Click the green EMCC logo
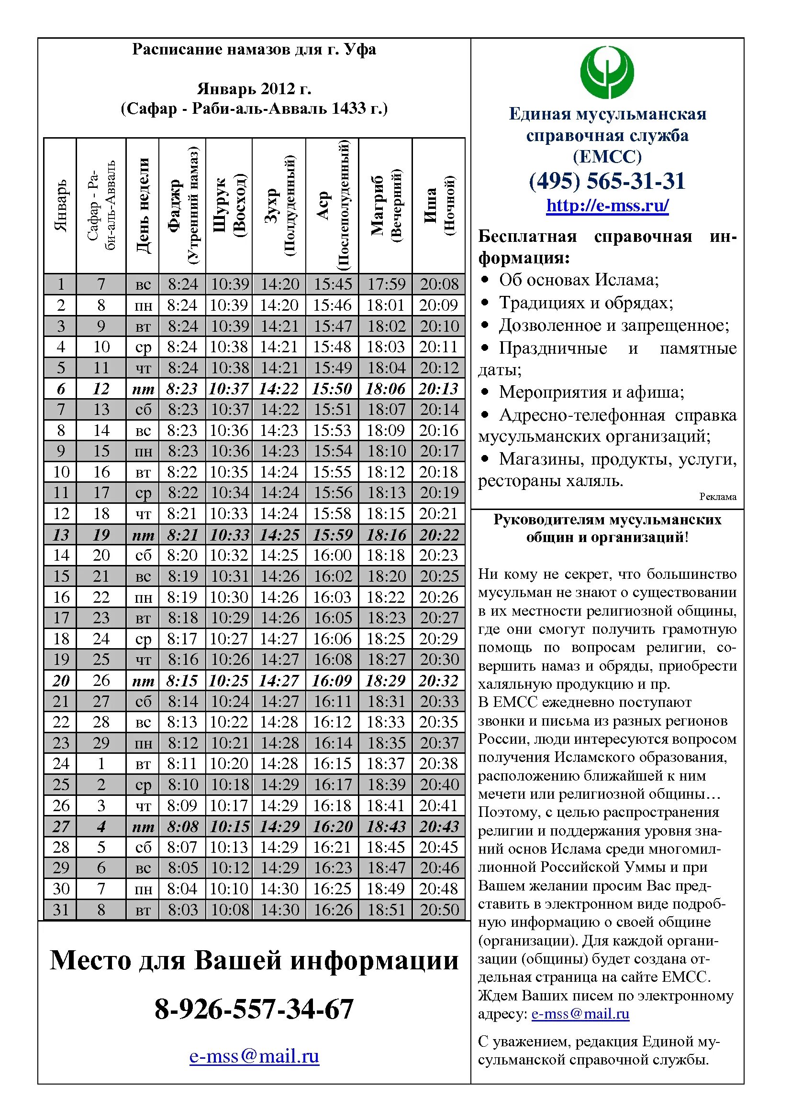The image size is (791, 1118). point(607,72)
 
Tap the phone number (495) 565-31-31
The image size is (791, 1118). point(607,181)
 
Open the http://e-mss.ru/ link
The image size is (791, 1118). point(607,206)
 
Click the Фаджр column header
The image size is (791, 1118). point(182,206)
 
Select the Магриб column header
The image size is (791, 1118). point(385,206)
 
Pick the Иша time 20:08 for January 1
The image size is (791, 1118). point(439,284)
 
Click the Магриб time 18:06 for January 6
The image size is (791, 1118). point(385,389)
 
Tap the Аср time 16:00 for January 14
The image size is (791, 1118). point(332,555)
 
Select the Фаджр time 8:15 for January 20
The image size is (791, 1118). point(182,681)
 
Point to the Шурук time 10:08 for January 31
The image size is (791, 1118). point(230,910)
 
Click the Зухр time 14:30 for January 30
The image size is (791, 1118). point(279,889)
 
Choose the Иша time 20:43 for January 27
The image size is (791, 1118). point(439,826)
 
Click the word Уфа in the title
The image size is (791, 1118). point(360,49)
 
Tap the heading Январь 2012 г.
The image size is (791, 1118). point(254,88)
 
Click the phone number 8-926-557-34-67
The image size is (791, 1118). point(254,1009)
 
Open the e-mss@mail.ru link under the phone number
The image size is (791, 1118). point(254,1056)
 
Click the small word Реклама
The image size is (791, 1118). point(717,497)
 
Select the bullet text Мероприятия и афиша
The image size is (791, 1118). point(591,392)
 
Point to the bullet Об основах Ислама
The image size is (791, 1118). point(579,280)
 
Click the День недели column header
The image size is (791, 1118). point(142,206)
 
